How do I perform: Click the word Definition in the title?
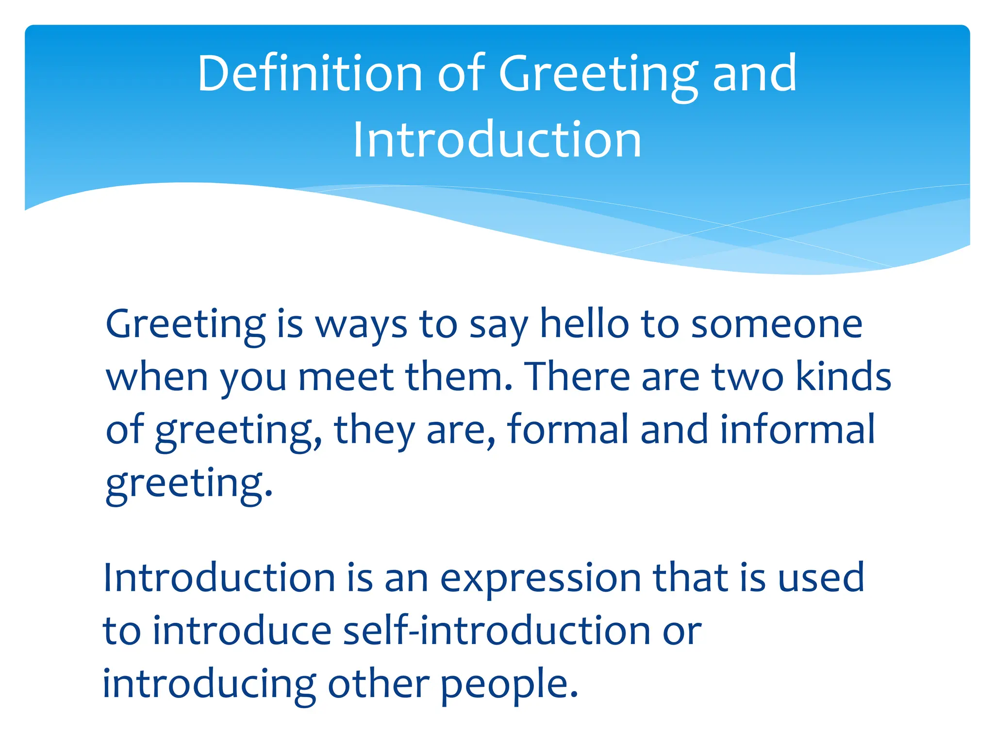pyautogui.click(x=310, y=73)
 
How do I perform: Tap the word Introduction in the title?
pyautogui.click(x=497, y=140)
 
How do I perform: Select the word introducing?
pyautogui.click(x=209, y=684)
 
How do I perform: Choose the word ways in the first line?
pyautogui.click(x=362, y=325)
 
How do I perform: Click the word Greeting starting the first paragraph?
pyautogui.click(x=185, y=325)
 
